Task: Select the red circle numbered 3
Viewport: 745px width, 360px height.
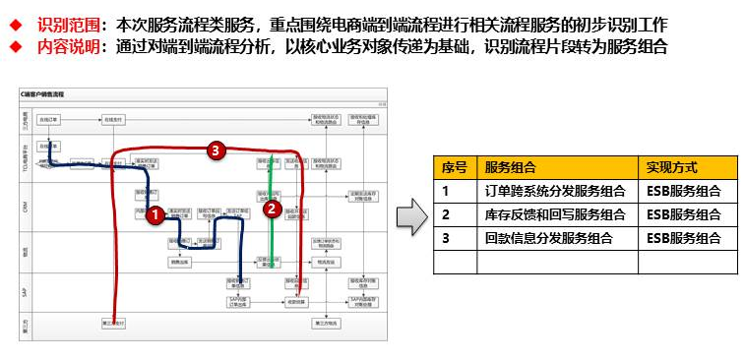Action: (x=217, y=150)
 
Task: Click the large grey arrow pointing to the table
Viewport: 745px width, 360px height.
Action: (x=411, y=215)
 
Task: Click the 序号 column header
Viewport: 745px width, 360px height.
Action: (x=454, y=167)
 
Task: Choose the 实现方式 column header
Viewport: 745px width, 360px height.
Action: (x=673, y=167)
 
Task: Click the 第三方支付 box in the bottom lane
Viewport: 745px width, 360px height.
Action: (x=114, y=322)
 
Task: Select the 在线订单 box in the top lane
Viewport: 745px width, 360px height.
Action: (x=49, y=119)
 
